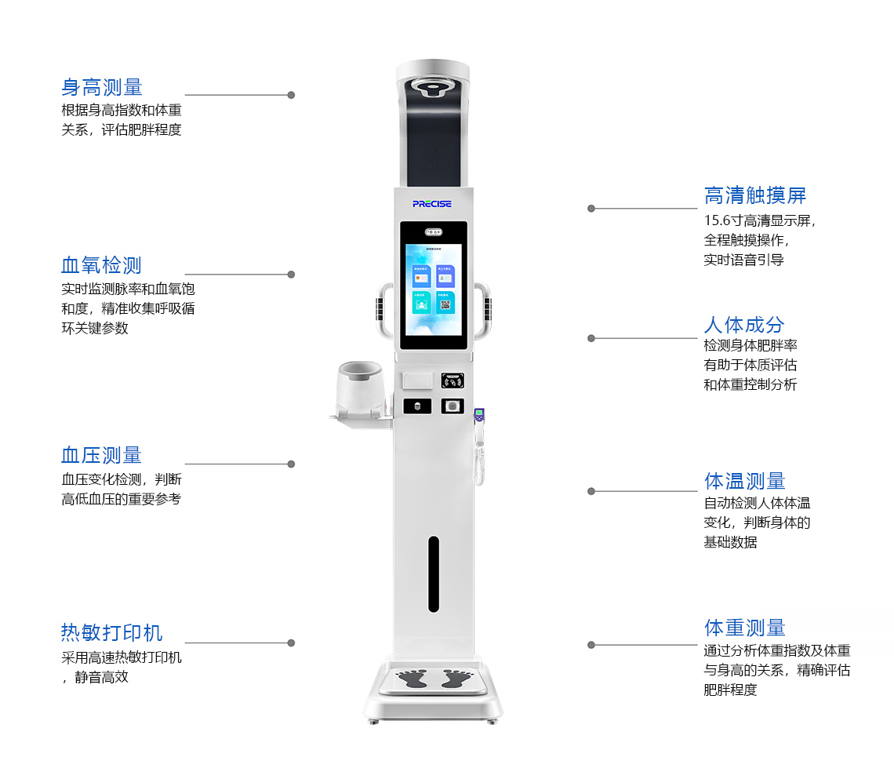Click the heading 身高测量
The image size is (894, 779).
pos(102,87)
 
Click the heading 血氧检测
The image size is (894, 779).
pos(102,265)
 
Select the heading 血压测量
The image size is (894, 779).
pos(102,455)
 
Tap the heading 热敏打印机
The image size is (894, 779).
pos(112,633)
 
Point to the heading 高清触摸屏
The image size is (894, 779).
pos(755,195)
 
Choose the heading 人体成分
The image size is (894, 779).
pos(744,325)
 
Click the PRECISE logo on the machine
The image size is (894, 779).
pos(432,204)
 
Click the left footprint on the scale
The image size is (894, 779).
pos(412,679)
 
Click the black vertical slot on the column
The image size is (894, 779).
pos(434,573)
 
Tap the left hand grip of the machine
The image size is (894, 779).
pos(384,310)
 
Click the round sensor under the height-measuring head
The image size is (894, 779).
pos(433,86)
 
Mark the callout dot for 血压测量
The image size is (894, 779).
pos(291,464)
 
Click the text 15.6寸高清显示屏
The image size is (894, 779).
pos(759,220)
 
